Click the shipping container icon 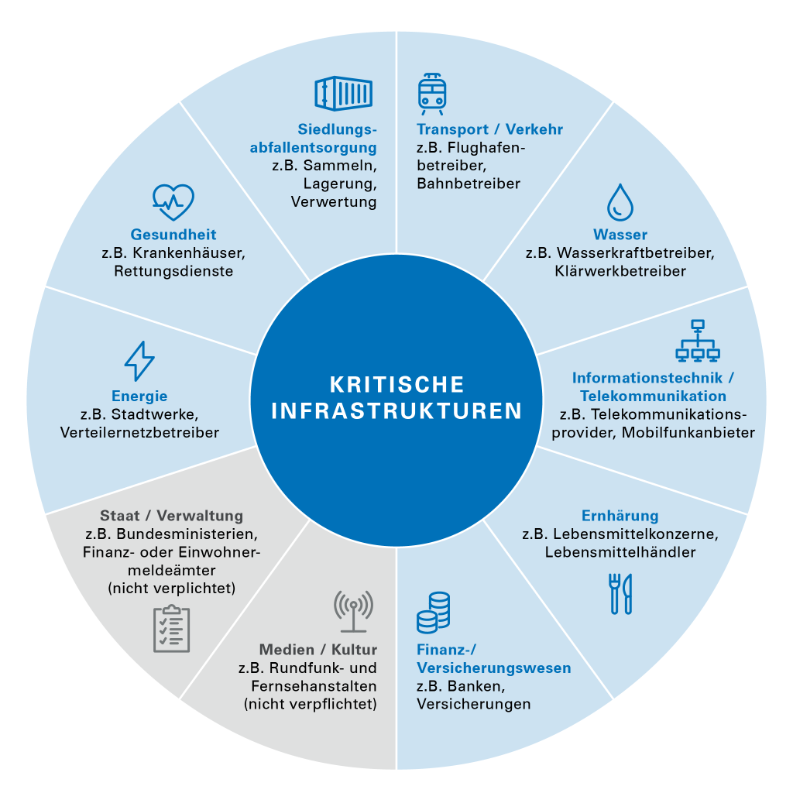tap(343, 93)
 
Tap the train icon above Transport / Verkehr tap(432, 94)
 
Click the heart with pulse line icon tap(173, 202)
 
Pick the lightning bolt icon tap(139, 361)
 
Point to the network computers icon tap(698, 341)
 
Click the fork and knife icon tap(620, 594)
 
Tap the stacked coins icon tap(434, 613)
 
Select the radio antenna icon tap(353, 612)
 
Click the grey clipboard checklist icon tap(171, 629)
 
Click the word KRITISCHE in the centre tap(396, 384)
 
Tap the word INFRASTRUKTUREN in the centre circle tap(396, 410)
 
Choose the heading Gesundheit tap(173, 234)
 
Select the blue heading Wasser tap(620, 234)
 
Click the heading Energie tap(139, 396)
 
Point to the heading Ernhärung tap(620, 515)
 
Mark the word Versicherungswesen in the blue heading tap(493, 668)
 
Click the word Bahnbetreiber tap(469, 183)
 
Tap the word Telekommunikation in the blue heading tap(653, 396)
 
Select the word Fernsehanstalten tap(314, 686)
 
